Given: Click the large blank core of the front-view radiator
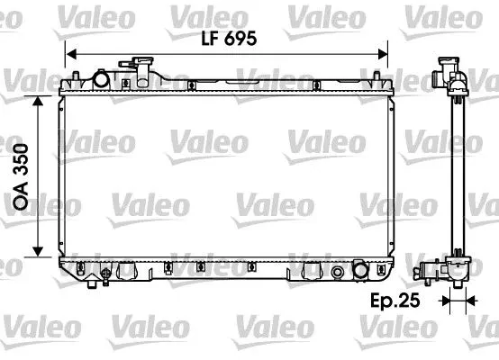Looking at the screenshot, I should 225,171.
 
